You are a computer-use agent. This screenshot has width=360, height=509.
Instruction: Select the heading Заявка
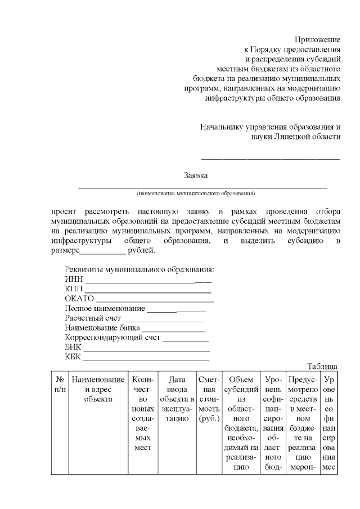196,175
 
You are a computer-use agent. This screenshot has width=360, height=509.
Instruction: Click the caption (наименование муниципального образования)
196,193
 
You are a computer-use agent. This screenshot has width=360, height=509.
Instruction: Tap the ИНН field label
74,279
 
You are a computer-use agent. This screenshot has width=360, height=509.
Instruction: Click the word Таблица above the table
322,367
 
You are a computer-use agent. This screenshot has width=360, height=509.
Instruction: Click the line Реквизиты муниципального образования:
139,269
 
